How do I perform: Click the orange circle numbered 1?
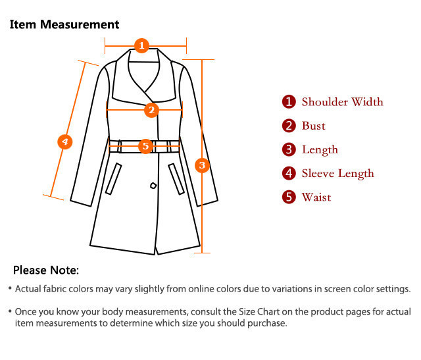[x=141, y=45]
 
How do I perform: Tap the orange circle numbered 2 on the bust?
[x=151, y=110]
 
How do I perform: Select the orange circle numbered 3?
[x=202, y=165]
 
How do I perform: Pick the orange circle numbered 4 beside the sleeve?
[x=65, y=141]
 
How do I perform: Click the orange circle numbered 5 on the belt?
[x=145, y=146]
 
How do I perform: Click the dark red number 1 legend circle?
[x=289, y=102]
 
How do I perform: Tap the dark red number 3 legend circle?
[x=289, y=149]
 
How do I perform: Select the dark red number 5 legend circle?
[x=289, y=197]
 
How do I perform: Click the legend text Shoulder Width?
[x=342, y=102]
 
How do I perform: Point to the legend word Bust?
[x=314, y=126]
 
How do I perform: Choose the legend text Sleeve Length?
[x=337, y=174]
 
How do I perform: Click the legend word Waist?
[x=316, y=197]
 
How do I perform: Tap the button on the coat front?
[x=153, y=186]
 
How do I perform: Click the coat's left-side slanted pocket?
[x=113, y=178]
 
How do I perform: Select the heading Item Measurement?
[x=64, y=24]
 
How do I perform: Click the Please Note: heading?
[x=46, y=270]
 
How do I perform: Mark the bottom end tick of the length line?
[x=202, y=253]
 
